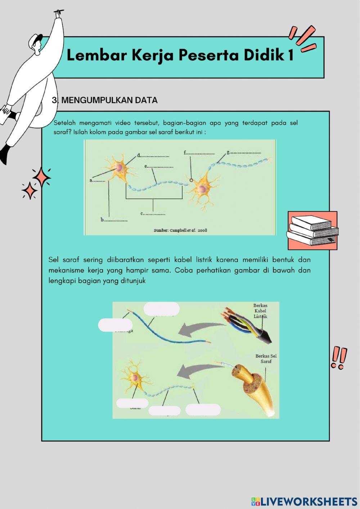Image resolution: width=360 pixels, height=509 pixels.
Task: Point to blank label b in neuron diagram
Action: tap(114, 220)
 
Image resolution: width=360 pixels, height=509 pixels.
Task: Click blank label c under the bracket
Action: tap(153, 214)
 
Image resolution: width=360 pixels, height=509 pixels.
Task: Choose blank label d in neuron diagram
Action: tap(153, 156)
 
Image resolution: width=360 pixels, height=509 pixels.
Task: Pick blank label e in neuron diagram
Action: tap(159, 166)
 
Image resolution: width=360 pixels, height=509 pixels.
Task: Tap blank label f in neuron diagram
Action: tap(199, 153)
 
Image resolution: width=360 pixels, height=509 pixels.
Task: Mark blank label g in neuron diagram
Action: tap(244, 152)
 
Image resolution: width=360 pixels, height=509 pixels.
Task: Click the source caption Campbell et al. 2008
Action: tap(180, 230)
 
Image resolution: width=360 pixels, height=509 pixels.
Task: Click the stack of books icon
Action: tap(312, 231)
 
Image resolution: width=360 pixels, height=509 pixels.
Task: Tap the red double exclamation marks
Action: tap(339, 357)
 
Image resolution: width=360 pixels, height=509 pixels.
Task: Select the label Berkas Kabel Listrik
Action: tap(260, 311)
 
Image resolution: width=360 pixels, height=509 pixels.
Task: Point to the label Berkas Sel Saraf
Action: tap(266, 358)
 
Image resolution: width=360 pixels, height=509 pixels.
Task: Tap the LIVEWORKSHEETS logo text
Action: tap(305, 501)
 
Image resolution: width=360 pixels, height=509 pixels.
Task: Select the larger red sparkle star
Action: tap(42, 177)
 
